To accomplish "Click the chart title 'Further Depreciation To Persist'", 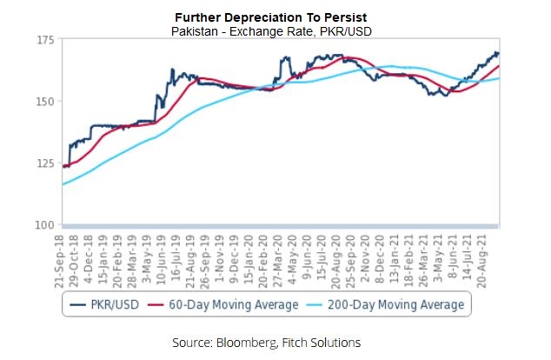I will point(275,17).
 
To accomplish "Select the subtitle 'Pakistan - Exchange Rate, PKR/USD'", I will point(275,30).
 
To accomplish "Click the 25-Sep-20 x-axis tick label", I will point(349,258).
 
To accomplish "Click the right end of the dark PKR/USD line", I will point(498,52).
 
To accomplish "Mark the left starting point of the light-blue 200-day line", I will point(62,184).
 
